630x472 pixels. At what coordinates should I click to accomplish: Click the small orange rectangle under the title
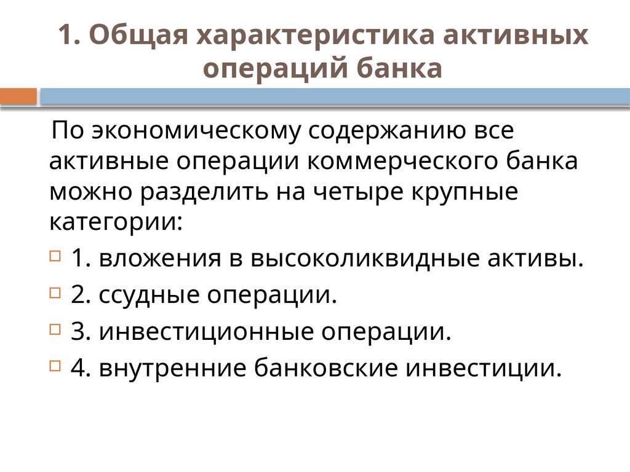click(19, 96)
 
